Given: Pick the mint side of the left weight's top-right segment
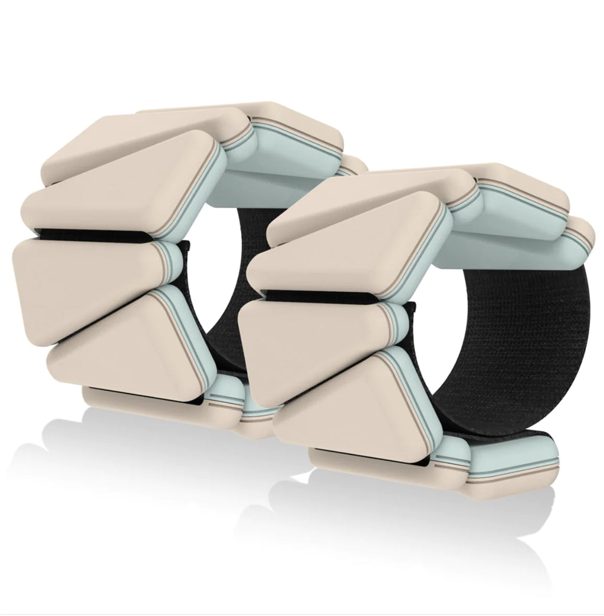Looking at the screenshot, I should pos(283,147).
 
